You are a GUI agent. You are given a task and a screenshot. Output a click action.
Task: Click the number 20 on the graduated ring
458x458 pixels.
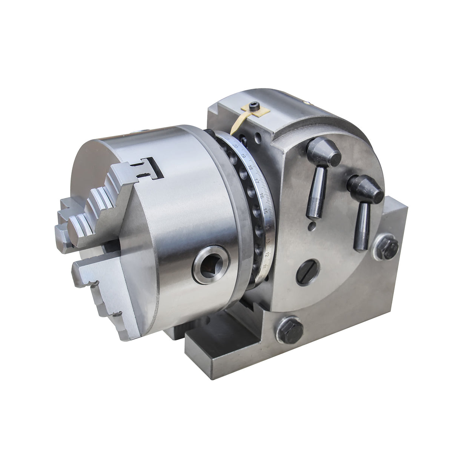pyautogui.click(x=235, y=146)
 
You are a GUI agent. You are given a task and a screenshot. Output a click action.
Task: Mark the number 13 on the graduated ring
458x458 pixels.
pyautogui.click(x=268, y=240)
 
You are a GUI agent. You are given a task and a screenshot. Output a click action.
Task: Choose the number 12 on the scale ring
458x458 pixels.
pyautogui.click(x=266, y=255)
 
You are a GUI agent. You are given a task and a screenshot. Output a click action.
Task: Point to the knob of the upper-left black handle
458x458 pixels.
pyautogui.click(x=323, y=152)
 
